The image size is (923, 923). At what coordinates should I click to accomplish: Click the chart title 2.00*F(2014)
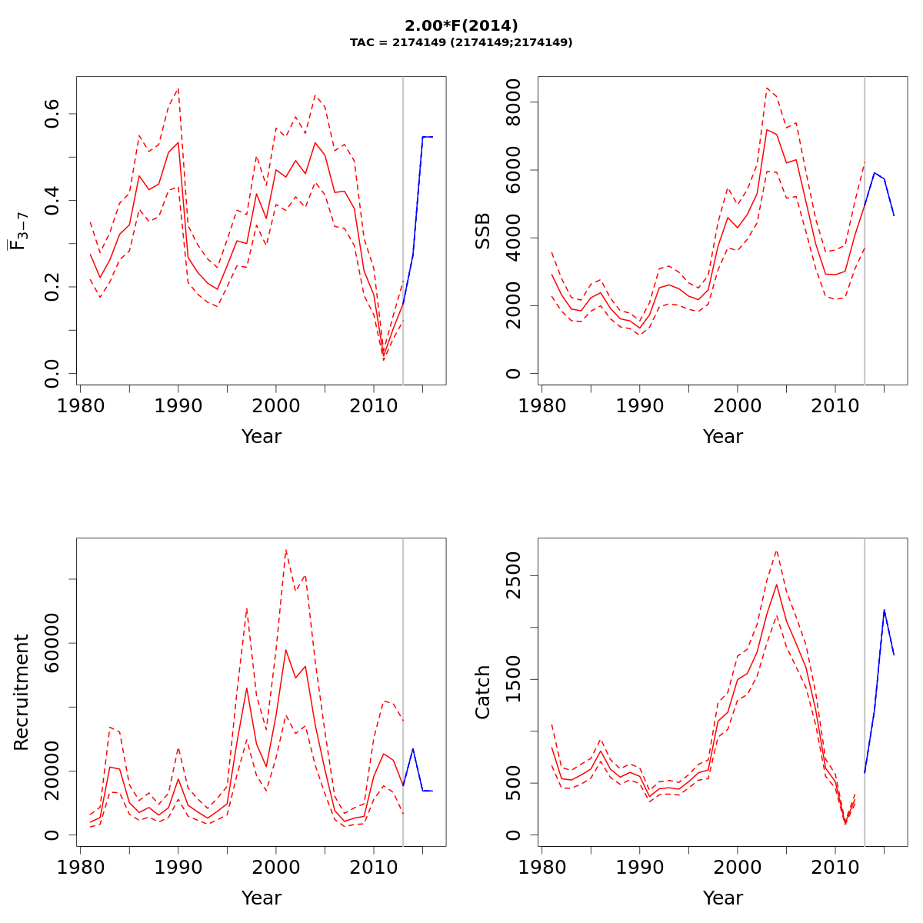point(461,26)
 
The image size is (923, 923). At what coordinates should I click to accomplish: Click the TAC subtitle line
point(461,43)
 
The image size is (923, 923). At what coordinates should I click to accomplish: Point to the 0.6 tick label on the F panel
point(52,114)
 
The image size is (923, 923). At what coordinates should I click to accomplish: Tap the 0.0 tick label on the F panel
point(52,373)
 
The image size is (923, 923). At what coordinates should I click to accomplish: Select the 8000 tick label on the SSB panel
point(514,102)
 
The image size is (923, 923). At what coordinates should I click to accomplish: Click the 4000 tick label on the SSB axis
point(514,238)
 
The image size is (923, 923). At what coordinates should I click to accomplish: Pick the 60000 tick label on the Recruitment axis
point(52,643)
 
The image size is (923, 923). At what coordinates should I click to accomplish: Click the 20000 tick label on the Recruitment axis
point(52,771)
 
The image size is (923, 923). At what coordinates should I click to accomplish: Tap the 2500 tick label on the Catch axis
point(514,576)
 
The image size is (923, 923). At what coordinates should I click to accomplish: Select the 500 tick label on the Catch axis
point(514,783)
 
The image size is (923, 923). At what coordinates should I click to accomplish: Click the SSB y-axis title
point(483,231)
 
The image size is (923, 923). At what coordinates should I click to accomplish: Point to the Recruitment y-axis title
point(22,692)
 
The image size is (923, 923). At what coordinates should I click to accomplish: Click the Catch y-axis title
point(483,692)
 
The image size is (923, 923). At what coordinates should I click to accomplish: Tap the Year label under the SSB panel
point(723,437)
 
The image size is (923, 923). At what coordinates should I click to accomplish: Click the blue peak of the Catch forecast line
point(884,610)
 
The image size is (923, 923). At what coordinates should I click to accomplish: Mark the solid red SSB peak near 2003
point(767,129)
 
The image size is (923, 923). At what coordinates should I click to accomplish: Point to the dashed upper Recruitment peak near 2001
point(285,549)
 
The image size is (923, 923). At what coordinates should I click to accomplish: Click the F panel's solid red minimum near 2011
point(383,355)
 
